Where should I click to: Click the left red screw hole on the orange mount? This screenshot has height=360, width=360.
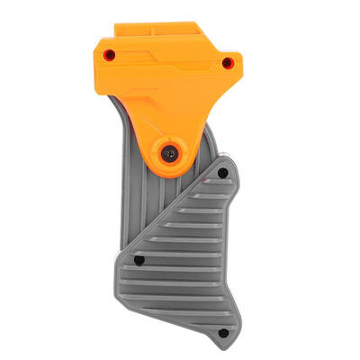109,54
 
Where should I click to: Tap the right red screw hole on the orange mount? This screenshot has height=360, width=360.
227,62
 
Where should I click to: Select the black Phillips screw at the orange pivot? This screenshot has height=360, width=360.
169,155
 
